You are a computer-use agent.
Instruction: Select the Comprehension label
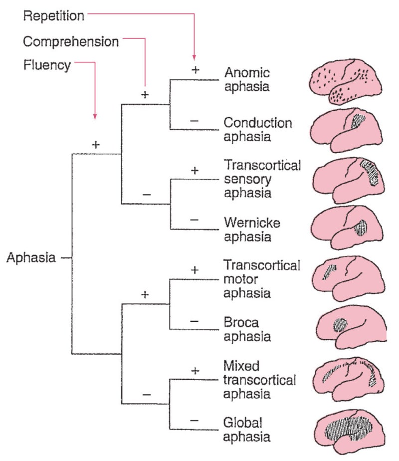pos(71,41)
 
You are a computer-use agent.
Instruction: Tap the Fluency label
pos(47,65)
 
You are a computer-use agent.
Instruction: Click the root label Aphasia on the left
pos(31,258)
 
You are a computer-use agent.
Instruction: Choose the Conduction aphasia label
pos(258,129)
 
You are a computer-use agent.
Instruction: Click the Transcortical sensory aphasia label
pos(262,179)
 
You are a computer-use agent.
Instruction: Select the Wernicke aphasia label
pos(252,229)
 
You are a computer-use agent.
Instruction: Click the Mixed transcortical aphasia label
pos(260,380)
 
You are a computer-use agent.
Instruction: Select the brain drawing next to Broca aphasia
pos(349,329)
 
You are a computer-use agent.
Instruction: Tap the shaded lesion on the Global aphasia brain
pos(349,431)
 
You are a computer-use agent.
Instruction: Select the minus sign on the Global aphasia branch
pos(195,421)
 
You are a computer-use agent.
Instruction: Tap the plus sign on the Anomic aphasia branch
pos(195,70)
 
